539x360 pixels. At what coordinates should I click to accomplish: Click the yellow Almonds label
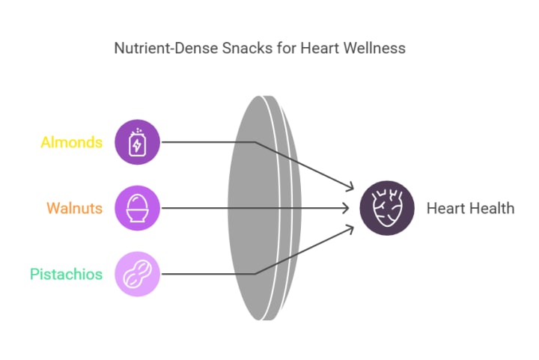71,142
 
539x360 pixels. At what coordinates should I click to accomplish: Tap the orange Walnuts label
74,208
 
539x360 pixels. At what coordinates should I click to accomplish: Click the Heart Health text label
470,208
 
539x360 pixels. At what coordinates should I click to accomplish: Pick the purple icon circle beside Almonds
138,141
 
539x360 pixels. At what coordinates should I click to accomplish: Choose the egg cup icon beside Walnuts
138,208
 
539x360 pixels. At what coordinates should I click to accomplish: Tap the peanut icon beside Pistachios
138,274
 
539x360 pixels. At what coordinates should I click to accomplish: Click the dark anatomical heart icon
387,208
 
